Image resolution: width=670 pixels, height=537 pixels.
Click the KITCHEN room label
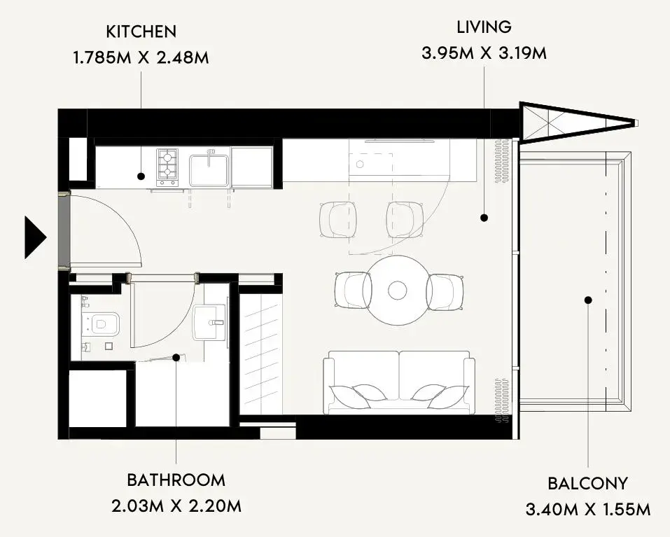coord(141,32)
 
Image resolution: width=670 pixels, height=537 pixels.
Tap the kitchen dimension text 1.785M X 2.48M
coord(141,57)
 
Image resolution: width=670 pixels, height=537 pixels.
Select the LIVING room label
coord(484,27)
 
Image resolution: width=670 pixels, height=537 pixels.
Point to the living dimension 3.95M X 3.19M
coord(484,53)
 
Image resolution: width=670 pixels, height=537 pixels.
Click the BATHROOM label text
coord(176,480)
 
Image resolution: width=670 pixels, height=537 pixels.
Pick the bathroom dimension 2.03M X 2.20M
coord(176,506)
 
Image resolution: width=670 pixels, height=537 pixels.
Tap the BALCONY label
coord(588,483)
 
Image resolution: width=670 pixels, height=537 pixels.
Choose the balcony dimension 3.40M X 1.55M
coord(588,509)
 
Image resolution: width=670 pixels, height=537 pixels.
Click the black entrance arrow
coord(34,237)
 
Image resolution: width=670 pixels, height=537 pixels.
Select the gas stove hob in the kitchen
coord(167,167)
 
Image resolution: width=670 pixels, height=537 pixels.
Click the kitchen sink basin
coord(209,170)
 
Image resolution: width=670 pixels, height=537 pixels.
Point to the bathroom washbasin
coord(209,323)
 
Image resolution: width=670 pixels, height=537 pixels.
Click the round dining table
coord(398,290)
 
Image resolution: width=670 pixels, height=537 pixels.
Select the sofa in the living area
coord(398,382)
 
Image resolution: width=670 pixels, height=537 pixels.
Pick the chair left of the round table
coord(353,290)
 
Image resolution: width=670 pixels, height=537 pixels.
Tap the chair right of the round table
coord(445,292)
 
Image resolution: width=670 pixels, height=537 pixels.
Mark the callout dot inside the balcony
coord(588,300)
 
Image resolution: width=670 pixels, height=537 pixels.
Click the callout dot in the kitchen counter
coord(141,176)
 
